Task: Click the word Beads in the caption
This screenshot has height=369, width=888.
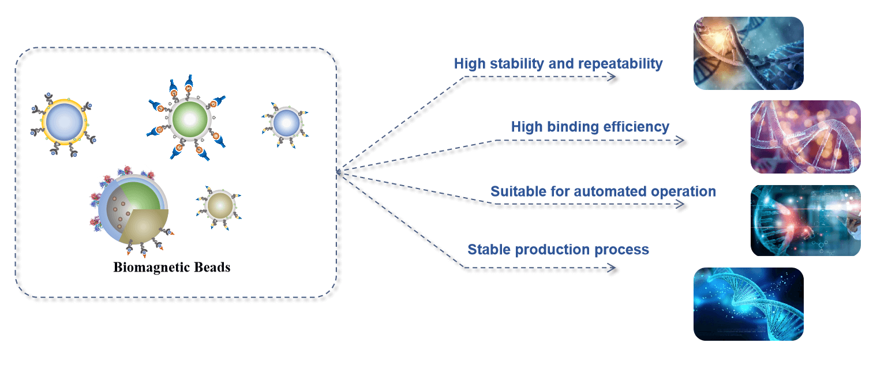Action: click(x=212, y=268)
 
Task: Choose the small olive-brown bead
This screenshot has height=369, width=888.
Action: click(x=219, y=205)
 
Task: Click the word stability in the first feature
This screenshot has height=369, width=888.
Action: click(x=516, y=63)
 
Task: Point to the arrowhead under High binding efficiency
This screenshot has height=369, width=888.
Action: click(x=681, y=140)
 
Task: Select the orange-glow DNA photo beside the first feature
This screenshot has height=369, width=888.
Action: click(x=748, y=53)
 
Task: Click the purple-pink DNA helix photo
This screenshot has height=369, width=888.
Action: click(x=805, y=137)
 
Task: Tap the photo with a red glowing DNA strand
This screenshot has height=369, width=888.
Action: click(x=805, y=220)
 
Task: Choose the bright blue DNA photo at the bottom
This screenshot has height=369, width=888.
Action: click(x=748, y=304)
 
